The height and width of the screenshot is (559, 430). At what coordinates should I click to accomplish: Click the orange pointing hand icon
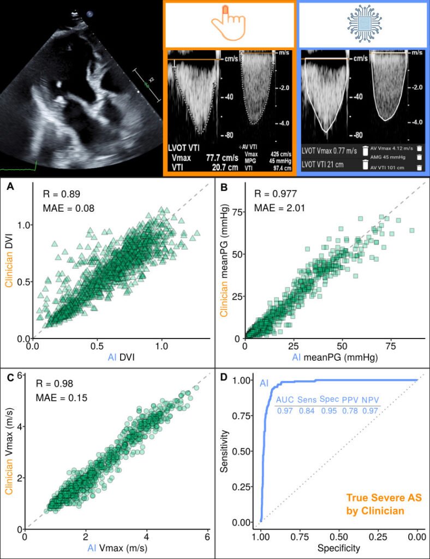coord(229,24)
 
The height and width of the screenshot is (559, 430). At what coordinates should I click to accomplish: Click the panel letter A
coord(10,187)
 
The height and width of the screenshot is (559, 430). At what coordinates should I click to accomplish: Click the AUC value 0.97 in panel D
coord(285,411)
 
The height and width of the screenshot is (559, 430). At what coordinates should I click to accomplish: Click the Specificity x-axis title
coord(339,548)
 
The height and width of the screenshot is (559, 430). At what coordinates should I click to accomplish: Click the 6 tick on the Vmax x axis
coord(207,537)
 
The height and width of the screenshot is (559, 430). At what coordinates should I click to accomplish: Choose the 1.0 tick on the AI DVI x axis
coord(162,346)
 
